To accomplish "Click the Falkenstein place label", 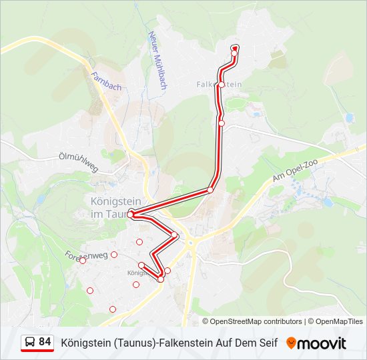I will coord(220,85).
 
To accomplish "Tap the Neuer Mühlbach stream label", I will coord(157,61).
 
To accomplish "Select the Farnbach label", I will coord(107,82).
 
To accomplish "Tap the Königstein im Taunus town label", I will coord(109,207).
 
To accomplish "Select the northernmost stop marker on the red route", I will coord(235,48).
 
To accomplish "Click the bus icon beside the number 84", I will coord(30,342).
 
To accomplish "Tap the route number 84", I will coord(45,342).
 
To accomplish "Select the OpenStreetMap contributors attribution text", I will coord(256,321).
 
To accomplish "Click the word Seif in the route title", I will coord(266,343).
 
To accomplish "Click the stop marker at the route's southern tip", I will coord(161,279).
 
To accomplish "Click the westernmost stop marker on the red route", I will coord(131,214).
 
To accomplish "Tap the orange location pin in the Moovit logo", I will coord(291,343).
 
